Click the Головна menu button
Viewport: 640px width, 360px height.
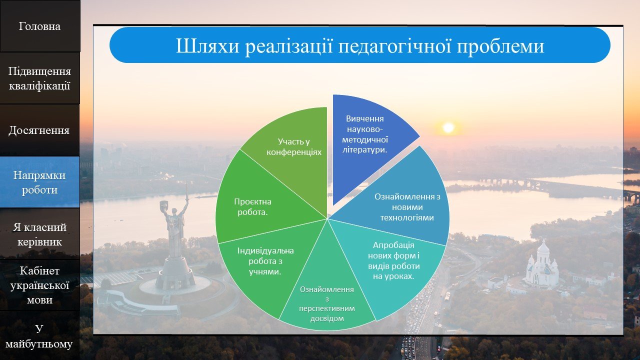pyautogui.click(x=40, y=26)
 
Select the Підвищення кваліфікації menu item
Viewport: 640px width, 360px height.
pyautogui.click(x=40, y=78)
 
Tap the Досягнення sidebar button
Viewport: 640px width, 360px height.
pyautogui.click(x=39, y=130)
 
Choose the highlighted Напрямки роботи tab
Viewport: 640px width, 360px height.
pyautogui.click(x=39, y=182)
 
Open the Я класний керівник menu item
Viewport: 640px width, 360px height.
pyautogui.click(x=39, y=234)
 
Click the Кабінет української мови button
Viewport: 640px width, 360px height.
pyautogui.click(x=39, y=285)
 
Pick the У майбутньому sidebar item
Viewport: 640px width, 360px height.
pyautogui.click(x=39, y=336)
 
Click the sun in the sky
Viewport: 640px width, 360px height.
pyautogui.click(x=448, y=127)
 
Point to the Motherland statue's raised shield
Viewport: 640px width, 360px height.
pyautogui.click(x=163, y=206)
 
